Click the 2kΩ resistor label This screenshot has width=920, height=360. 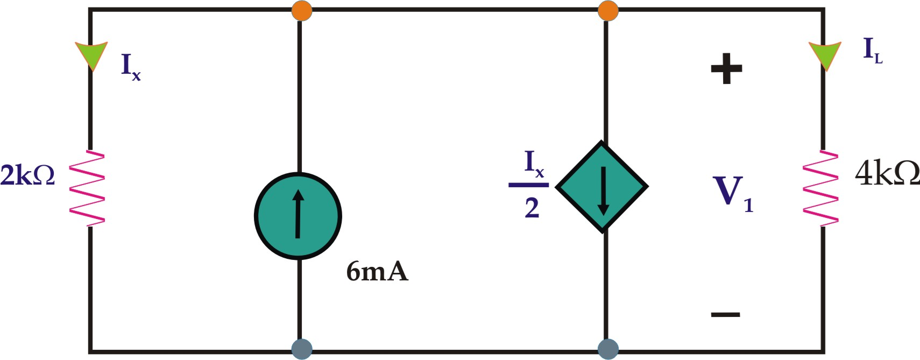[x=27, y=175]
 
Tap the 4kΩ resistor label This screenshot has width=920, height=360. [x=887, y=173]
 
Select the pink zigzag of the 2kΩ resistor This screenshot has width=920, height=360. [x=87, y=188]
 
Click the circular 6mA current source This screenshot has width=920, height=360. [x=298, y=216]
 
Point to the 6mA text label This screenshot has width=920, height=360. [x=377, y=271]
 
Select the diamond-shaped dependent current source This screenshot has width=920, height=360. [x=602, y=187]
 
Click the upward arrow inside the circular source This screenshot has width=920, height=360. [x=298, y=214]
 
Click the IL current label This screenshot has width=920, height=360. [x=872, y=50]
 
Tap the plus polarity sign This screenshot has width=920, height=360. [x=726, y=68]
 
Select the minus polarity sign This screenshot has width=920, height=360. [x=725, y=314]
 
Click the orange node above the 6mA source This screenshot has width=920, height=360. [x=301, y=10]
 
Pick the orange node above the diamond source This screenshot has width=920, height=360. [x=608, y=10]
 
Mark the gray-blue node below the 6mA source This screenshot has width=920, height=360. [x=301, y=349]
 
